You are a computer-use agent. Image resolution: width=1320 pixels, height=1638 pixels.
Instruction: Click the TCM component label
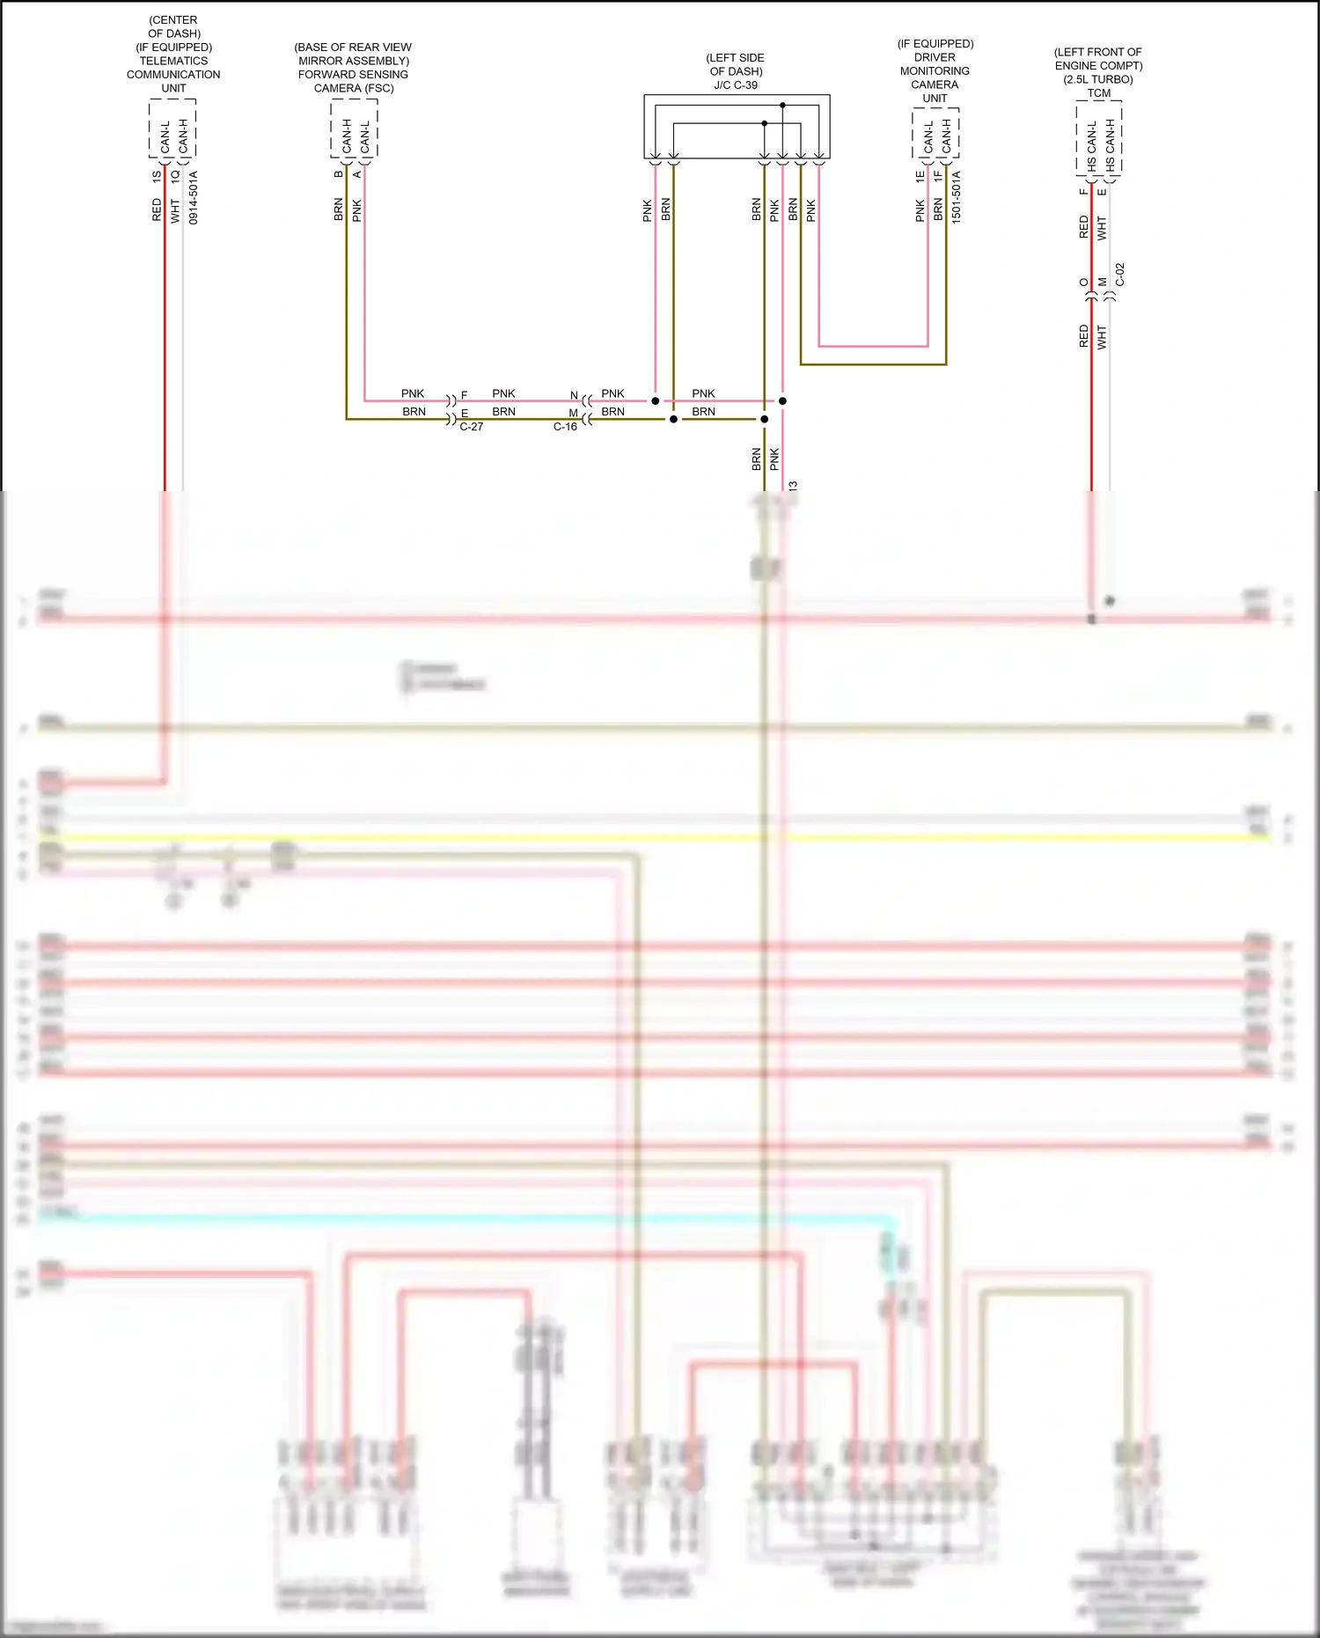(x=1098, y=93)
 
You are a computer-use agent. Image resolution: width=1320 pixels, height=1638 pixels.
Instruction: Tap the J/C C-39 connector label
(x=736, y=85)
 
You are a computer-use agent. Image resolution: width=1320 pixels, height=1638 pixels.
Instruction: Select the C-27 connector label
(x=471, y=427)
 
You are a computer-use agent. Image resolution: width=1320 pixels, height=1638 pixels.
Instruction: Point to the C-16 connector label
(x=565, y=427)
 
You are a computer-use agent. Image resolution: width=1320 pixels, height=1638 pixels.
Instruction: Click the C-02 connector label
(x=1120, y=275)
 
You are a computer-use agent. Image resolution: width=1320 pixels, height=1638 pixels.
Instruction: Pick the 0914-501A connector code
(x=194, y=197)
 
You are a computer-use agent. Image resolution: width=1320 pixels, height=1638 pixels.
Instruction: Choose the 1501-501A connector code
(x=957, y=197)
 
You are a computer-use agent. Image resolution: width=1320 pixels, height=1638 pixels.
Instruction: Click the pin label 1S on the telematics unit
(x=158, y=176)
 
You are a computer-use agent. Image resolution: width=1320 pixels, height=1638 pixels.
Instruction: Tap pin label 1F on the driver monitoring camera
(x=938, y=176)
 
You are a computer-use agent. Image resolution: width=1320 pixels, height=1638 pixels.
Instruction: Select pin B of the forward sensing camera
(x=339, y=174)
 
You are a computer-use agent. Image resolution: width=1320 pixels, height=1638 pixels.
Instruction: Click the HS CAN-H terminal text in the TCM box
(x=1111, y=145)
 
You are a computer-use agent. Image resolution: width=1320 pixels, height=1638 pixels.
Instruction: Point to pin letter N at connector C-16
(x=574, y=396)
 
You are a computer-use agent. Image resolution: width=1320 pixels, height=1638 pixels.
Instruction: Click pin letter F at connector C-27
(x=465, y=396)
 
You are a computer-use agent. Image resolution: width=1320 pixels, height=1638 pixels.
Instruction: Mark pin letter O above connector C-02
(x=1084, y=283)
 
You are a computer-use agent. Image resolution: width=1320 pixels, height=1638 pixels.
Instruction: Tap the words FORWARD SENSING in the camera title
(x=353, y=75)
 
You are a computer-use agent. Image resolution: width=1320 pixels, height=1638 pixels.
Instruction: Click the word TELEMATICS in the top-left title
(x=173, y=61)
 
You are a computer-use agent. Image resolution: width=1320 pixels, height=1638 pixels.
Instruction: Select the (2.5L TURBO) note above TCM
(x=1098, y=79)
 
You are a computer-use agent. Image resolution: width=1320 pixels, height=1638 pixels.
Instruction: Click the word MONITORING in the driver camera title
(x=935, y=71)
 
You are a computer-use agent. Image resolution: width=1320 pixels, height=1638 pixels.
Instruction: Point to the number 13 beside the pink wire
(x=793, y=486)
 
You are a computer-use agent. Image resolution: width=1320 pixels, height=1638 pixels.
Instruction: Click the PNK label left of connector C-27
(x=413, y=393)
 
